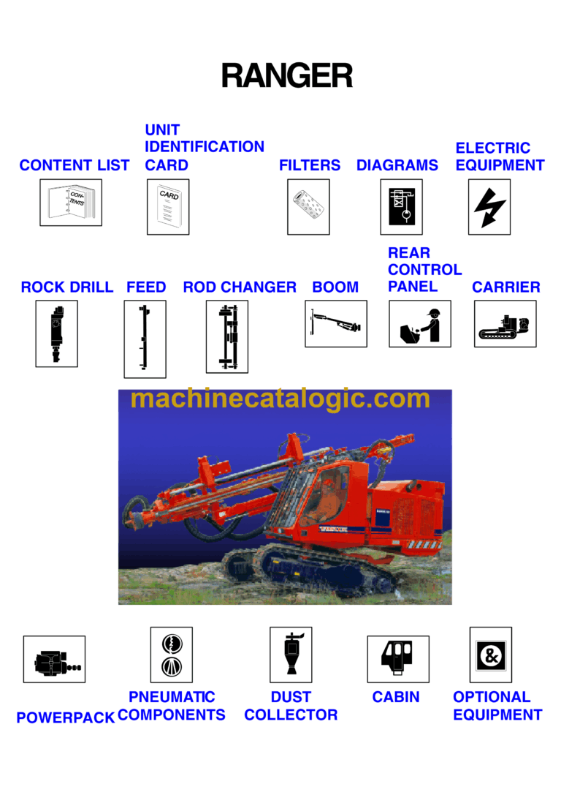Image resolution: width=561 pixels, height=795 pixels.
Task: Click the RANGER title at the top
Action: click(286, 76)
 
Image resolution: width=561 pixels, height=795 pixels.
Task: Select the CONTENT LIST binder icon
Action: click(71, 203)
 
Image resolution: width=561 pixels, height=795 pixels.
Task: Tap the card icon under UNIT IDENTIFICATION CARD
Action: click(168, 207)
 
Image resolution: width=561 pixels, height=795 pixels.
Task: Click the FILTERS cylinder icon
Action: click(308, 207)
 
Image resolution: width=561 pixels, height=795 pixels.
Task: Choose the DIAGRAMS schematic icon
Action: click(401, 207)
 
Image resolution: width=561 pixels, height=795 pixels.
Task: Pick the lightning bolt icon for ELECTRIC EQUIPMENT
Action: click(489, 207)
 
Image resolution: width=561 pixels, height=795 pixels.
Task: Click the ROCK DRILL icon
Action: click(56, 334)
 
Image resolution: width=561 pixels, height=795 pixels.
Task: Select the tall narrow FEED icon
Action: click(145, 339)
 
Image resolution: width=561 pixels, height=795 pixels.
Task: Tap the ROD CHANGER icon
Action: click(227, 336)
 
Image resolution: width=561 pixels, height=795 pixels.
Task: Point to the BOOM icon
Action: click(335, 323)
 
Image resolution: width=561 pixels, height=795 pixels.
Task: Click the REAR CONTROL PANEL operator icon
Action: click(419, 324)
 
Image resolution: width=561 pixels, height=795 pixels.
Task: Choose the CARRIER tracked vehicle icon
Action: click(505, 324)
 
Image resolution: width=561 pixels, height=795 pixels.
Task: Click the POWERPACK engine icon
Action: click(54, 659)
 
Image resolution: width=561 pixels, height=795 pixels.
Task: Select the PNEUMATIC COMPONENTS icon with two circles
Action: click(171, 655)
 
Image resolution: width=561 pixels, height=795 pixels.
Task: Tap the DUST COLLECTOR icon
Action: click(291, 655)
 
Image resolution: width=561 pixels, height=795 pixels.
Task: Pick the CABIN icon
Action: click(397, 659)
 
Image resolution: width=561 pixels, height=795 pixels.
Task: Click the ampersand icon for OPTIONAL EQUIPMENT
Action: click(490, 655)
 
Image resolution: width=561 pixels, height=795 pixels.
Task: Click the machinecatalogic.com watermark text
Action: click(280, 399)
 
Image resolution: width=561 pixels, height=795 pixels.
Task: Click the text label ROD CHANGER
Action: click(240, 287)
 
